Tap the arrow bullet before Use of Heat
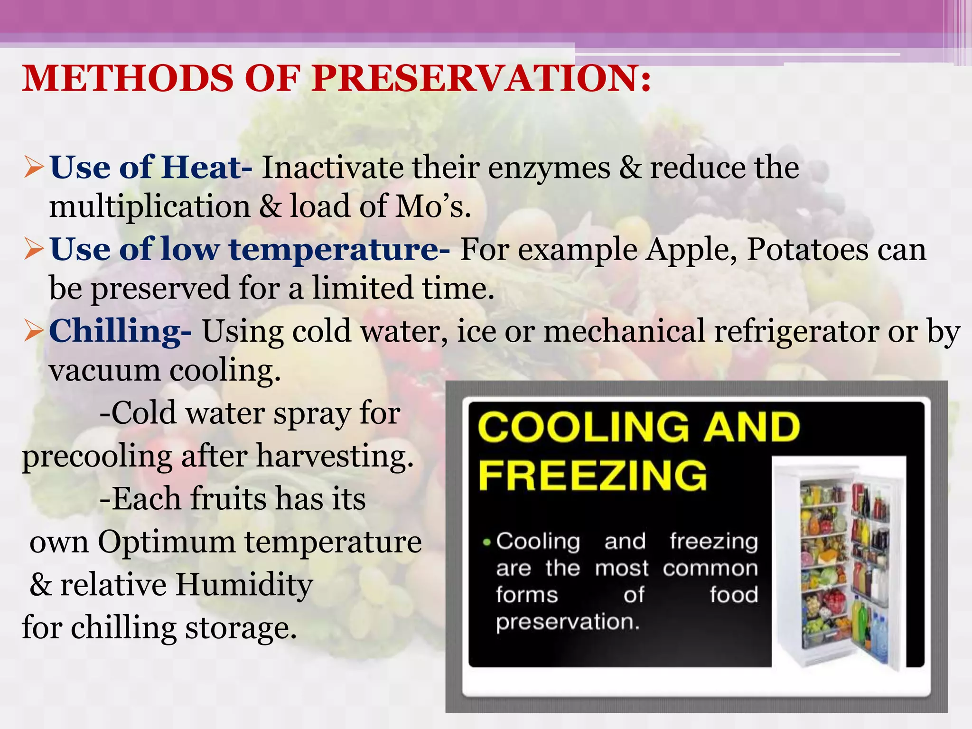[34, 168]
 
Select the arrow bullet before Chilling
[34, 331]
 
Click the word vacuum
[105, 371]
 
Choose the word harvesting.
[335, 457]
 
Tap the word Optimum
[167, 542]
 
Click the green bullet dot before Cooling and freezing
[486, 542]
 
